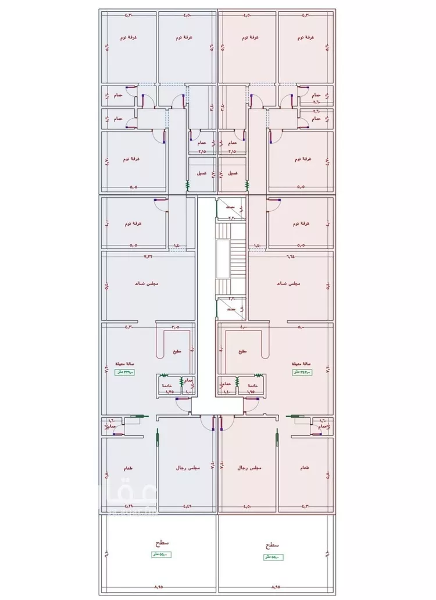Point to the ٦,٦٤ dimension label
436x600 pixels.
pos(290,255)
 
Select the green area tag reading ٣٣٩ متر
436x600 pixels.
pos(124,372)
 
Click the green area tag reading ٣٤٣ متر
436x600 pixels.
pos(302,372)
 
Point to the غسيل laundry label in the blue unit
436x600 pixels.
pos(201,173)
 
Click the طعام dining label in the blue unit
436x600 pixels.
pos(127,468)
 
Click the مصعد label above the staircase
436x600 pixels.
pos(230,207)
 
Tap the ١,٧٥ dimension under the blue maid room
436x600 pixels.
pos(170,392)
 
